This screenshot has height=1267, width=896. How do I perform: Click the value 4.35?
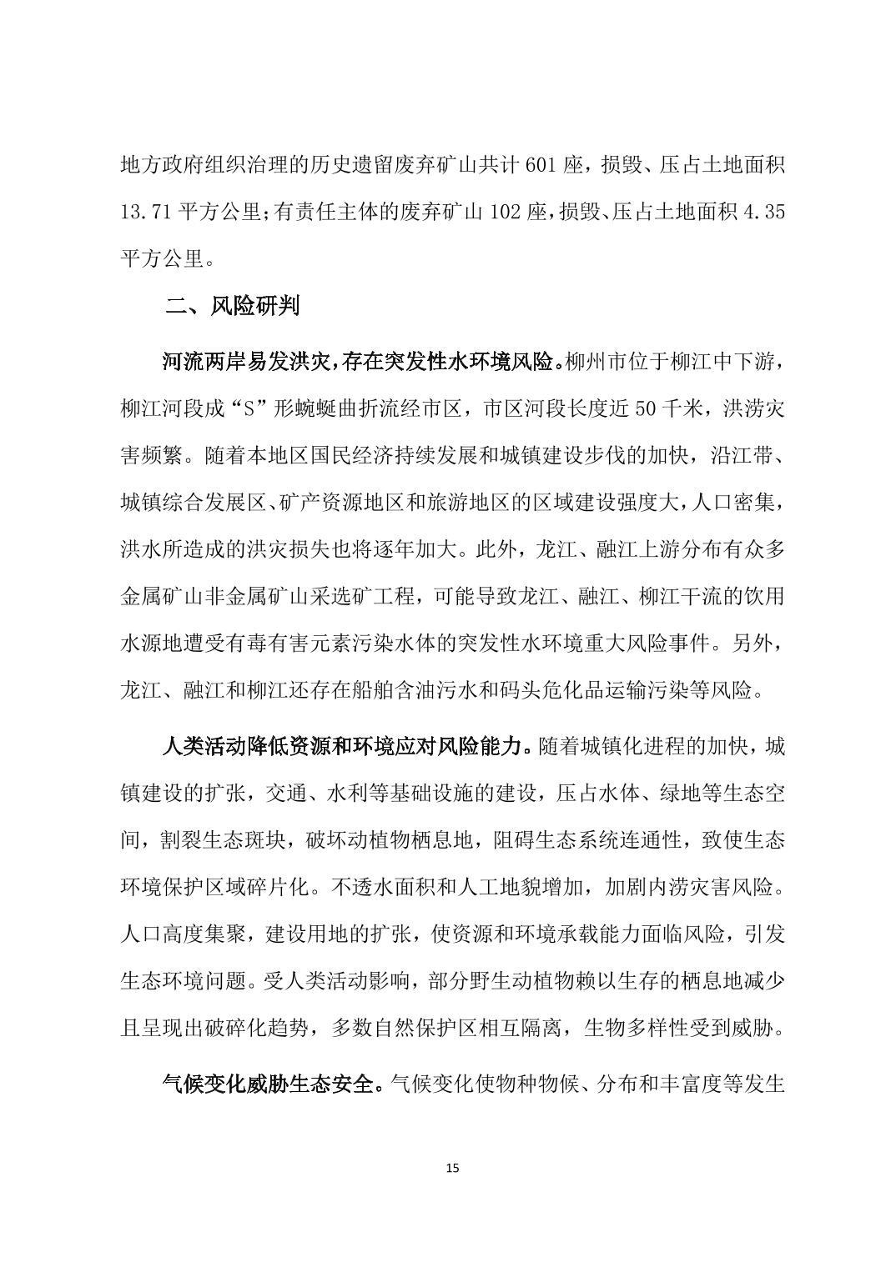[763, 212]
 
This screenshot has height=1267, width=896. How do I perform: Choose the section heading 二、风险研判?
[232, 307]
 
